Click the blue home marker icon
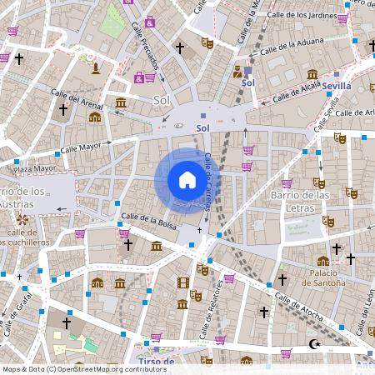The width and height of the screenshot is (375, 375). coord(187,180)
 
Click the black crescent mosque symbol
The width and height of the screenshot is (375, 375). coord(313,342)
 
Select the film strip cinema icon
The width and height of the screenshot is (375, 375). coord(182,282)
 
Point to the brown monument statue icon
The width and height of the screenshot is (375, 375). coord(96,66)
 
